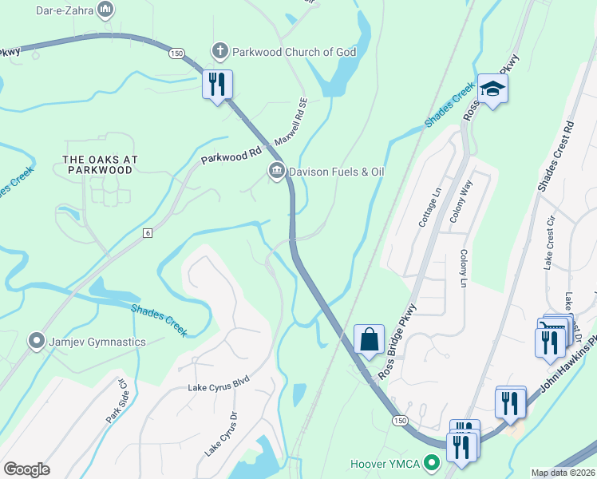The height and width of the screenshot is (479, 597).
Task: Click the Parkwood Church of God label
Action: pyautogui.click(x=294, y=52)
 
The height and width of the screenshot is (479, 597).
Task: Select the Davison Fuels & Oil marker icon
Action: pyautogui.click(x=277, y=172)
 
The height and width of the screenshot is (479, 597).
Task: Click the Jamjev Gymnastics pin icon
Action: pyautogui.click(x=36, y=342)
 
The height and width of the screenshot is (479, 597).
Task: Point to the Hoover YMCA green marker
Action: pyautogui.click(x=433, y=463)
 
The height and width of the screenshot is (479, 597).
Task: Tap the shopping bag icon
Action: pyautogui.click(x=370, y=338)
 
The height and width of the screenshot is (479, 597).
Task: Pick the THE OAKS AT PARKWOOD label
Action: pyautogui.click(x=101, y=164)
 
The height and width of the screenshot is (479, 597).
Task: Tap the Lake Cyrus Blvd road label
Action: pyautogui.click(x=219, y=387)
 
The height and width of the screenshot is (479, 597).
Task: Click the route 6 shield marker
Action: pyautogui.click(x=148, y=232)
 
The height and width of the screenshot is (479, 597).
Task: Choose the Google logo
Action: pyautogui.click(x=26, y=469)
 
